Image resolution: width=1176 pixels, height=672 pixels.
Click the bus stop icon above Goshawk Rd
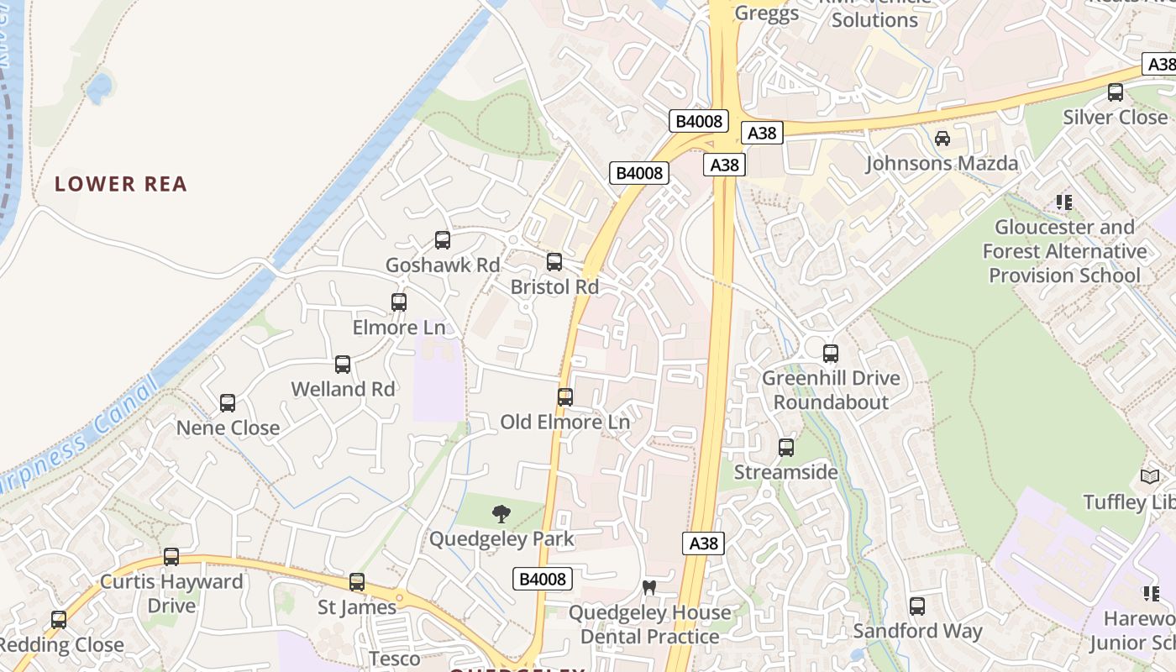click(x=443, y=240)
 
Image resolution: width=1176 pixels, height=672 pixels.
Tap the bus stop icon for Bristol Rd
click(x=554, y=262)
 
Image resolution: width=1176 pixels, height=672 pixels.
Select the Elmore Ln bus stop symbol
click(x=399, y=302)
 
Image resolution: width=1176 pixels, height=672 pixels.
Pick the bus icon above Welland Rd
click(x=343, y=365)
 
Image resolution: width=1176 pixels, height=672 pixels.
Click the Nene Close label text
click(x=228, y=428)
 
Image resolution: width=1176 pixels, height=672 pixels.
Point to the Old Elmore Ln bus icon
click(x=565, y=396)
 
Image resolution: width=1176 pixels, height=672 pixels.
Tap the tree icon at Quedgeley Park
click(x=501, y=514)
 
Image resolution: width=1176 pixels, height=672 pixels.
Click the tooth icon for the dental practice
click(x=648, y=587)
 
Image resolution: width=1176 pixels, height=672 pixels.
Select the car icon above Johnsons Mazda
click(x=942, y=139)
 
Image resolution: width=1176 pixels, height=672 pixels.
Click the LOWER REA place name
click(x=121, y=184)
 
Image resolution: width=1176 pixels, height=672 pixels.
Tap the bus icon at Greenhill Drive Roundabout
click(x=831, y=354)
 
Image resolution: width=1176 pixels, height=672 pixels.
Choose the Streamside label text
click(x=786, y=472)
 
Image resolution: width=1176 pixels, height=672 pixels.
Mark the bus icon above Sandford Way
click(x=917, y=606)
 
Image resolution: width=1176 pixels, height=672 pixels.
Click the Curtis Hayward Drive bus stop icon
click(x=171, y=556)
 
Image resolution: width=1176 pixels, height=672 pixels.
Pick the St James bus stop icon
click(x=357, y=582)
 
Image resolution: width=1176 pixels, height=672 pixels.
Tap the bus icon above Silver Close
click(x=1116, y=92)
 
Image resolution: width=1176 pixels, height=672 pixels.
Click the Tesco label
click(x=395, y=658)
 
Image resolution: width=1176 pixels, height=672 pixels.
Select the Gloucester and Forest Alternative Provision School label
click(x=1064, y=251)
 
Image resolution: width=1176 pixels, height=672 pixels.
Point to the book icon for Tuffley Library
click(x=1150, y=477)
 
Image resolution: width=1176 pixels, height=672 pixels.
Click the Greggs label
click(x=767, y=13)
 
